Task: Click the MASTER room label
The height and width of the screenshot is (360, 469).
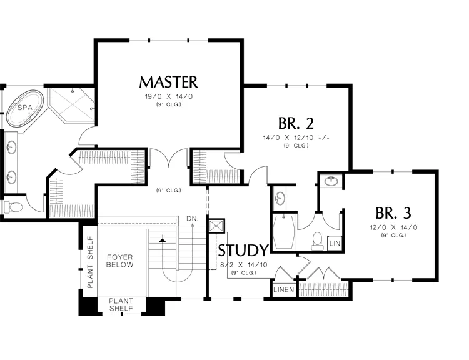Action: pyautogui.click(x=168, y=82)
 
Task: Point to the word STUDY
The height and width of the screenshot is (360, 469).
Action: pyautogui.click(x=243, y=251)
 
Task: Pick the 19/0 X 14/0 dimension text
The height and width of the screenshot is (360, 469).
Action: pyautogui.click(x=168, y=97)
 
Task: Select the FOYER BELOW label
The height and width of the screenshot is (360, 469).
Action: pyautogui.click(x=120, y=261)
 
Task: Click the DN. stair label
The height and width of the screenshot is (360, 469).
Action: pyautogui.click(x=193, y=218)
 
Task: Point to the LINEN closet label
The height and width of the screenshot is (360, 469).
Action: pyautogui.click(x=284, y=290)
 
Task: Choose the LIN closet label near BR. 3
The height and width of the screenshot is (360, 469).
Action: pyautogui.click(x=335, y=243)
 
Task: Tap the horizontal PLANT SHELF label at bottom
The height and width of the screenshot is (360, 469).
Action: pyautogui.click(x=121, y=304)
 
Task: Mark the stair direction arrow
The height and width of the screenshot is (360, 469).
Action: pyautogui.click(x=163, y=239)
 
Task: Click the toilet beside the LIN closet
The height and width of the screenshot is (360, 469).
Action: pyautogui.click(x=317, y=241)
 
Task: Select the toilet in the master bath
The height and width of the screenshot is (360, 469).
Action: pyautogui.click(x=13, y=206)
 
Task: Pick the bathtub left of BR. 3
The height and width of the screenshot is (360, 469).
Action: pyautogui.click(x=285, y=232)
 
